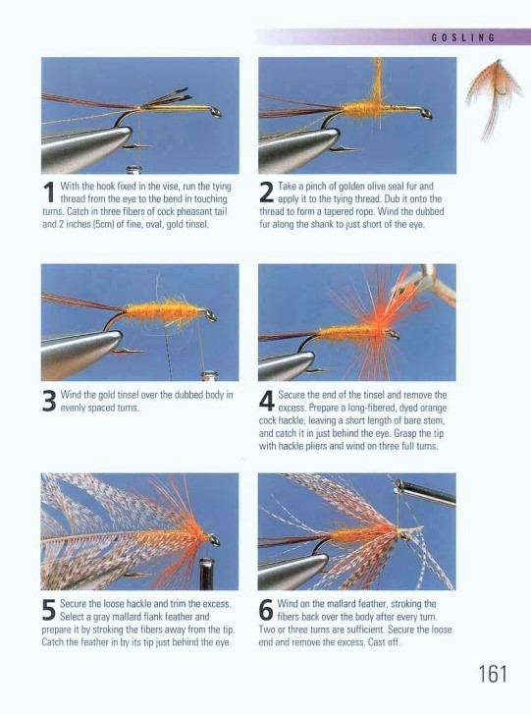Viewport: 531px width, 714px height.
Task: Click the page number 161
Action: click(x=493, y=674)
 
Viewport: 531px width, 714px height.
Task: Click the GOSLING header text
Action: click(x=462, y=37)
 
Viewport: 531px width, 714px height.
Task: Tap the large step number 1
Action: click(x=50, y=192)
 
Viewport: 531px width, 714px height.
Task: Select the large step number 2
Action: click(x=267, y=192)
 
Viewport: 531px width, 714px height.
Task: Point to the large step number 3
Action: click(x=49, y=401)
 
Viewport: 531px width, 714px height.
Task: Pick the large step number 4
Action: click(x=267, y=401)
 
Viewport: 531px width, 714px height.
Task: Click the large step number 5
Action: click(x=49, y=610)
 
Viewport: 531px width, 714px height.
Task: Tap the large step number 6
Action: click(x=266, y=610)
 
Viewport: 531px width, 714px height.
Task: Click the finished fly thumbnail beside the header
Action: click(x=489, y=98)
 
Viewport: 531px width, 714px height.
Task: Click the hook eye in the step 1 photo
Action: click(x=215, y=112)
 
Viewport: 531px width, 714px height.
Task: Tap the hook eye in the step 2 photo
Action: click(x=426, y=114)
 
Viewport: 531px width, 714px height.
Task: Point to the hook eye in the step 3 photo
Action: click(x=210, y=315)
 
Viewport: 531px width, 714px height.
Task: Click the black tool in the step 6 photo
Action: click(x=425, y=491)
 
